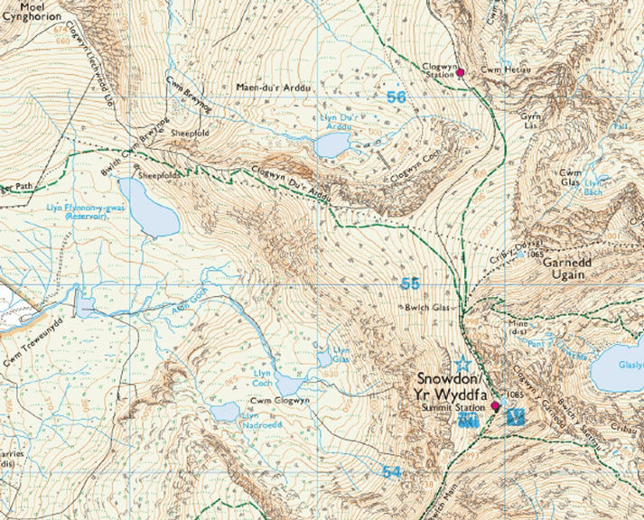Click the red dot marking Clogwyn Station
pyautogui.click(x=460, y=72)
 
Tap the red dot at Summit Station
pyautogui.click(x=495, y=407)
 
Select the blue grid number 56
pyautogui.click(x=395, y=97)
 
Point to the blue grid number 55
pyautogui.click(x=410, y=284)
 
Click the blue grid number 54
pyautogui.click(x=390, y=472)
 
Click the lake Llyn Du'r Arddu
pyautogui.click(x=331, y=144)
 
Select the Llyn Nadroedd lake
pyautogui.click(x=225, y=413)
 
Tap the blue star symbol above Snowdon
pyautogui.click(x=463, y=363)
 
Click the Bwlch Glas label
pyautogui.click(x=428, y=308)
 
